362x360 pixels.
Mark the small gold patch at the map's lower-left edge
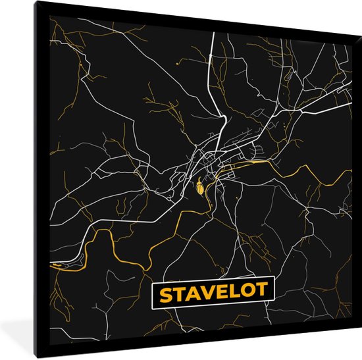tap(59, 265)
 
